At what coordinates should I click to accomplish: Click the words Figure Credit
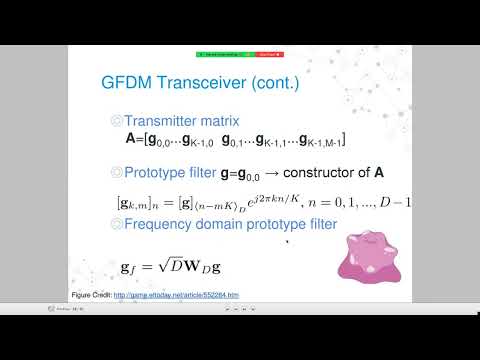(x=90, y=295)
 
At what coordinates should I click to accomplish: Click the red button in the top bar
(x=267, y=52)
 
